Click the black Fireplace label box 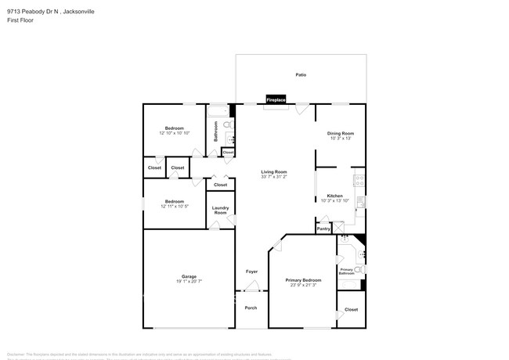click(x=276, y=100)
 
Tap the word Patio click(x=301, y=75)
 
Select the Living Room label click(x=274, y=171)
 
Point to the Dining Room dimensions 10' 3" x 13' click(x=341, y=139)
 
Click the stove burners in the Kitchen click(x=359, y=182)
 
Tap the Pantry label click(x=324, y=229)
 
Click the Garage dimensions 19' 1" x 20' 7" click(x=189, y=281)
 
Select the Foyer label click(x=251, y=272)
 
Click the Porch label click(x=251, y=308)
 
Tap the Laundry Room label click(x=221, y=211)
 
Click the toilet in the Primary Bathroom click(x=359, y=270)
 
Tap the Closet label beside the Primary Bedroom click(x=351, y=309)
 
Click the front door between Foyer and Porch click(x=251, y=291)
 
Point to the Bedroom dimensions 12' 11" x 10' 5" click(x=174, y=207)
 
